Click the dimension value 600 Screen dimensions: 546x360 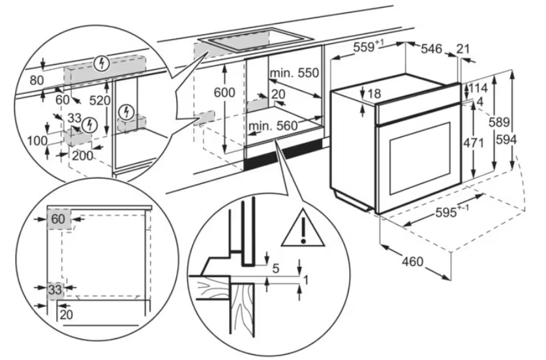tap(224, 93)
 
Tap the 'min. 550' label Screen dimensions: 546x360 tap(294, 73)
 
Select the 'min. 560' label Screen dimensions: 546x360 tap(273, 126)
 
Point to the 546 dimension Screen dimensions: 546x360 tap(431, 49)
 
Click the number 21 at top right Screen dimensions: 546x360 tap(463, 49)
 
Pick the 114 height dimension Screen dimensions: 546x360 tap(478, 89)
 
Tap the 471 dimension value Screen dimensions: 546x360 tap(474, 143)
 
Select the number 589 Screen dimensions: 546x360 tap(499, 122)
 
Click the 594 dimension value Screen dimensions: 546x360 tap(506, 140)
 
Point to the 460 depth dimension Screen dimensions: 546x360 tap(412, 261)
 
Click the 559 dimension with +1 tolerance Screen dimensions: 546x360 tap(369, 46)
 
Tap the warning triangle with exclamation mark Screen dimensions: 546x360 tap(303, 228)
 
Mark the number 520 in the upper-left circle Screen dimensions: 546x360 tap(100, 100)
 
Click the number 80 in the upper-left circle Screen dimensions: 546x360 tap(37, 80)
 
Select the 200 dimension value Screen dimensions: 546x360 tap(83, 155)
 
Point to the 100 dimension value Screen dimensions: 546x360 tap(37, 141)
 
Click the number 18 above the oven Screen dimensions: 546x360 tap(374, 94)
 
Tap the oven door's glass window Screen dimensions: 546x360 tap(420, 158)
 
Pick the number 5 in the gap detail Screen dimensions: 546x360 tap(276, 269)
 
